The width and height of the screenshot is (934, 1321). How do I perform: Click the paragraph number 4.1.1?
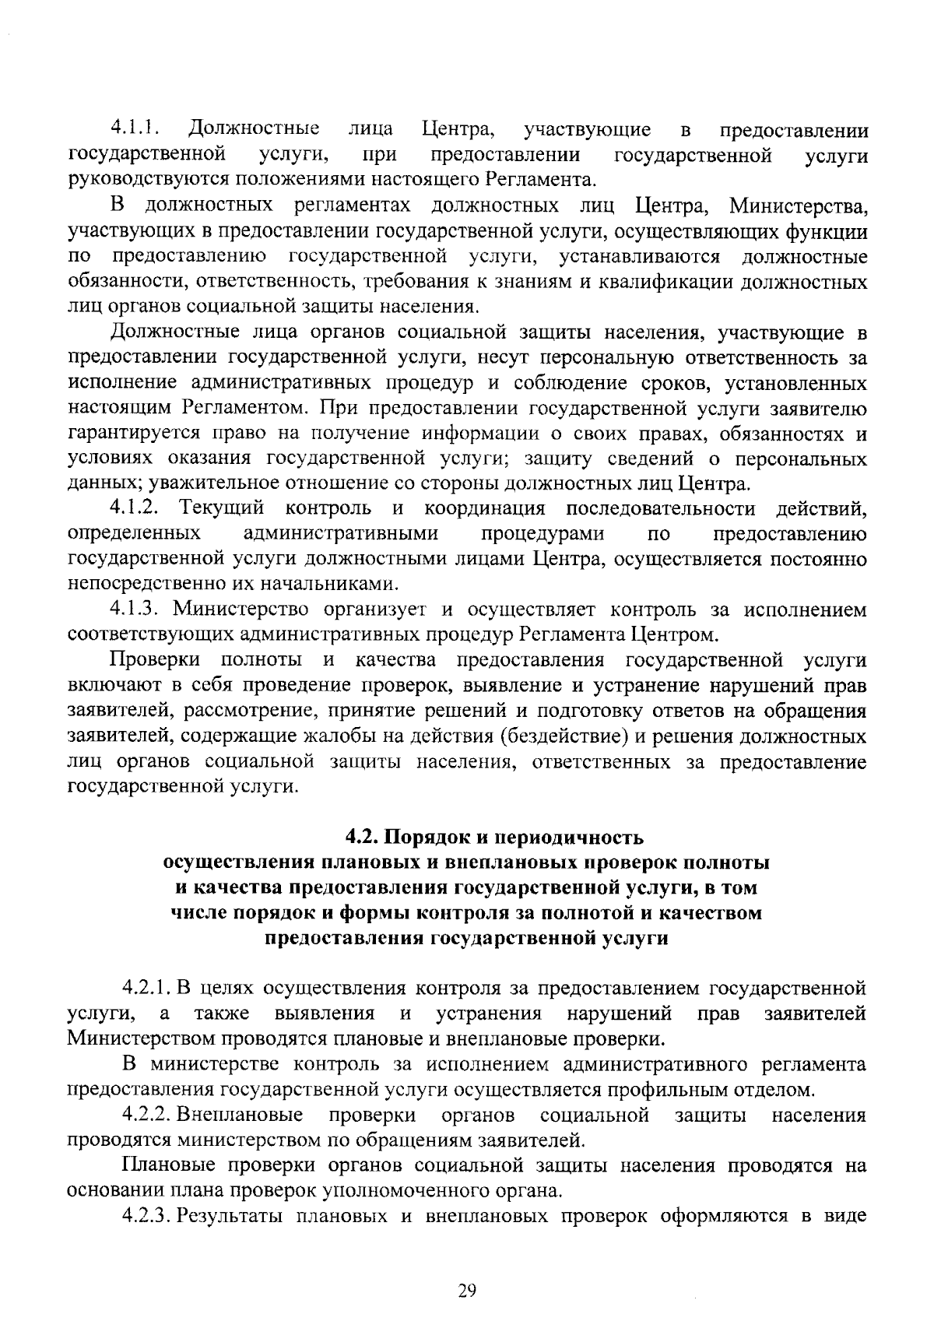pyautogui.click(x=134, y=127)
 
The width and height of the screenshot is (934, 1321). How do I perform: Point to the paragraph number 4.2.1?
pyautogui.click(x=147, y=989)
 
